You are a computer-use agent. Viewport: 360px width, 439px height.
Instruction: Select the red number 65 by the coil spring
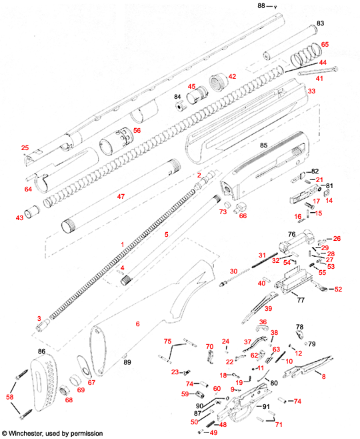(x=325, y=44)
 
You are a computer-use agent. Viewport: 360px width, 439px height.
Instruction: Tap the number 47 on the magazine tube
(x=121, y=197)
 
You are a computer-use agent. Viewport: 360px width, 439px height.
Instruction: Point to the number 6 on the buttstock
(x=137, y=324)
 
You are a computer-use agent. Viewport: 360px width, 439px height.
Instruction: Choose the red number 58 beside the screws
(x=9, y=398)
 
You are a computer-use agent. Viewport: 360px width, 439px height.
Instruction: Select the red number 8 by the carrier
(x=324, y=377)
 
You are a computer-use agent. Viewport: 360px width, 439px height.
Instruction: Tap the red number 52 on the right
(x=338, y=289)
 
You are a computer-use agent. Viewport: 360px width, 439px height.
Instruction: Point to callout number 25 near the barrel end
(x=25, y=147)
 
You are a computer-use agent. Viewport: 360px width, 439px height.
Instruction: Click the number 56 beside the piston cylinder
(x=137, y=130)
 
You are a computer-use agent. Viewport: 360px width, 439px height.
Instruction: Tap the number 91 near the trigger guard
(x=265, y=406)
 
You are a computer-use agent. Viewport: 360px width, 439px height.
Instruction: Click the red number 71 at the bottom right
(x=279, y=424)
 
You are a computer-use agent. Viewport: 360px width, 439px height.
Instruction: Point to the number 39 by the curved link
(x=269, y=309)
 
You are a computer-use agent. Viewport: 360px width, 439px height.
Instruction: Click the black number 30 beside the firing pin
(x=233, y=271)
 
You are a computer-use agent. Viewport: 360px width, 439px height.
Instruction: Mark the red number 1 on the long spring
(x=122, y=245)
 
